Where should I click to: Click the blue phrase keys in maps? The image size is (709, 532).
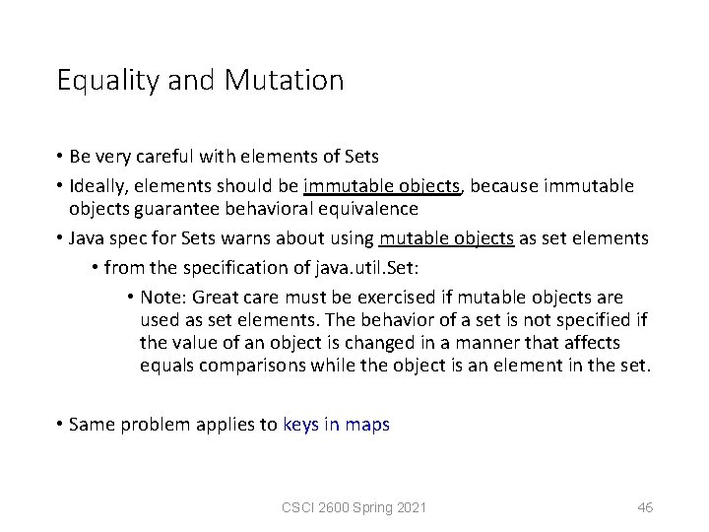pos(336,425)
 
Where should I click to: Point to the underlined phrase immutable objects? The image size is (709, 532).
pos(383,185)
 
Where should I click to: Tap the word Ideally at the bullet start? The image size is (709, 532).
pos(97,185)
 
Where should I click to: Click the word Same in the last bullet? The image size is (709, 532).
pos(93,425)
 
